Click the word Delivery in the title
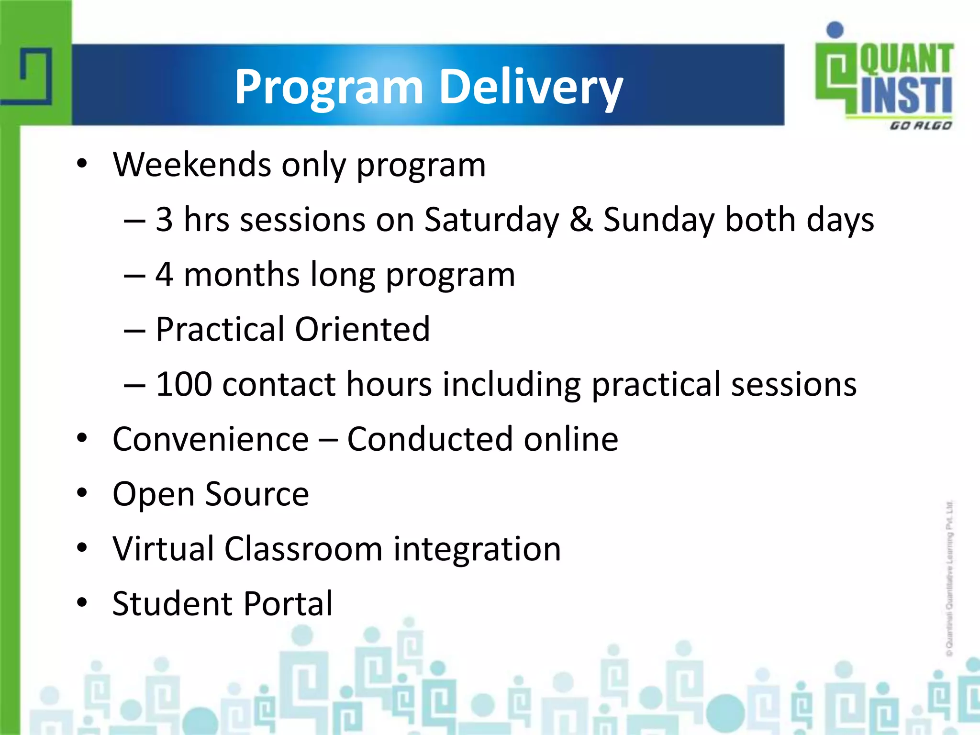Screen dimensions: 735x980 pyautogui.click(x=531, y=86)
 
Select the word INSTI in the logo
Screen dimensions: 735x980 pyautogui.click(x=906, y=96)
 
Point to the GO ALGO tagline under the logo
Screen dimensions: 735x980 pyautogui.click(x=920, y=126)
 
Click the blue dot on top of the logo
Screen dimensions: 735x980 pyautogui.click(x=835, y=30)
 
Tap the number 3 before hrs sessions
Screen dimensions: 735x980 pyautogui.click(x=164, y=220)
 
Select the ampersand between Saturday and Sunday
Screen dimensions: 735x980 pyautogui.click(x=581, y=220)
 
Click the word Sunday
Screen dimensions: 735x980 pyautogui.click(x=658, y=220)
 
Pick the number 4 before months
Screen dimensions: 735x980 pyautogui.click(x=164, y=275)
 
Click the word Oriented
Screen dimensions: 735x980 pyautogui.click(x=362, y=329)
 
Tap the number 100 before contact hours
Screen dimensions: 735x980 pyautogui.click(x=184, y=384)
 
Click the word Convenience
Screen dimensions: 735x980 pyautogui.click(x=211, y=439)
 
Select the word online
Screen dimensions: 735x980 pyautogui.click(x=570, y=439)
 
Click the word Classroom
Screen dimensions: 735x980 pyautogui.click(x=303, y=549)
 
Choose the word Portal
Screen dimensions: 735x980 pyautogui.click(x=288, y=604)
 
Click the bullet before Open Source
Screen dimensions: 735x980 pyautogui.click(x=82, y=493)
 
